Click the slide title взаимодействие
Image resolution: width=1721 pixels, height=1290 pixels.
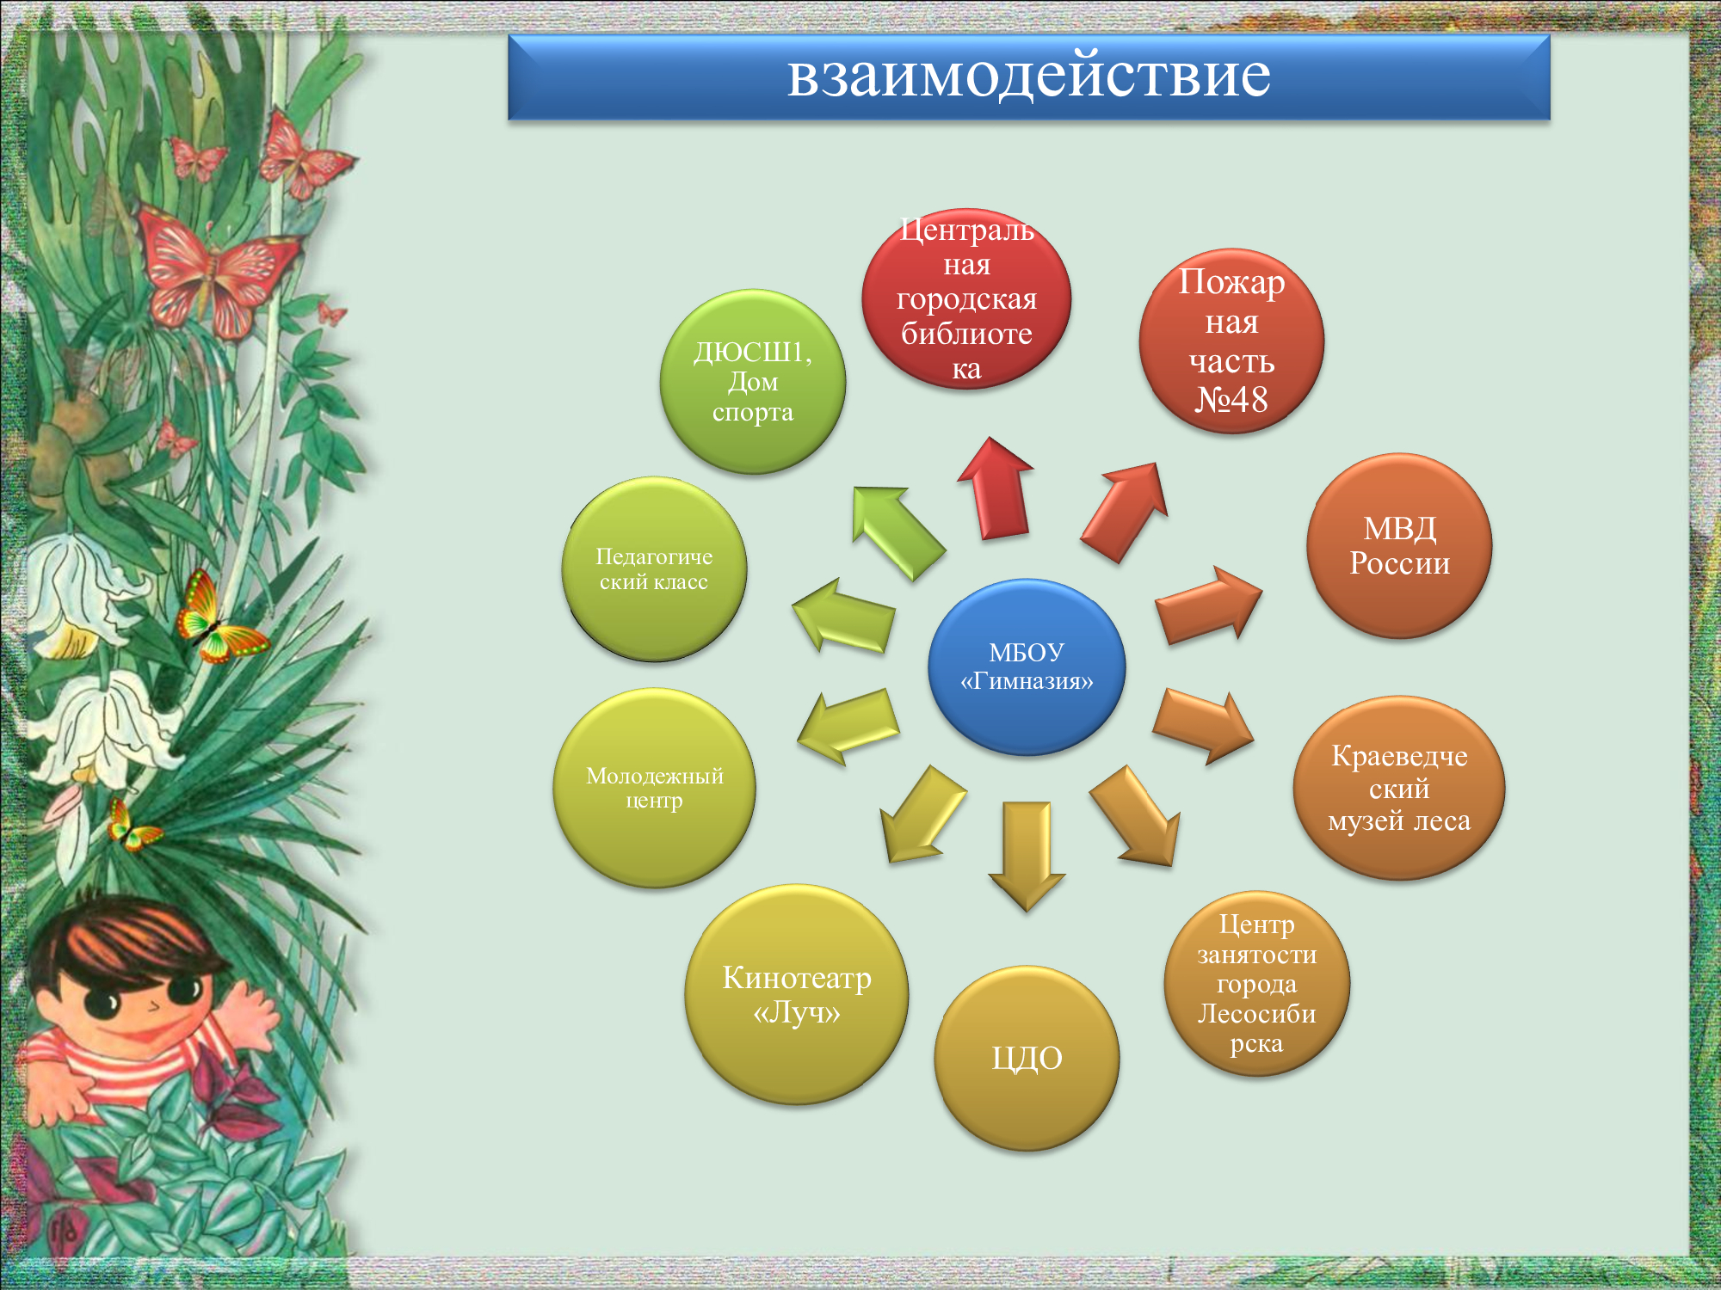pyautogui.click(x=1028, y=76)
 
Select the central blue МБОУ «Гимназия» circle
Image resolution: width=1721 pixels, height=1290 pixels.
pyautogui.click(x=1027, y=666)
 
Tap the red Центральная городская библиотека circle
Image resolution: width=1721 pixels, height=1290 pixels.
pyautogui.click(x=966, y=298)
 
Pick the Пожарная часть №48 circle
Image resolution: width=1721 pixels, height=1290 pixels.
pyautogui.click(x=1231, y=341)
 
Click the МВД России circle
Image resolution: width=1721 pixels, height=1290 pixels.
pyautogui.click(x=1399, y=546)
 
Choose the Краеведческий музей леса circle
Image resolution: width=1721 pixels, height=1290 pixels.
pyautogui.click(x=1399, y=788)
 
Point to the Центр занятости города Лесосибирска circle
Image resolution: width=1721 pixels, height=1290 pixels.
pyautogui.click(x=1256, y=983)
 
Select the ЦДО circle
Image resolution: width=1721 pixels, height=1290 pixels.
pyautogui.click(x=1027, y=1058)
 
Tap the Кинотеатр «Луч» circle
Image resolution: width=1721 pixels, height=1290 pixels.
pyautogui.click(x=797, y=994)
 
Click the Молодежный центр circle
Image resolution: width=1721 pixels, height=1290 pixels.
pyautogui.click(x=654, y=788)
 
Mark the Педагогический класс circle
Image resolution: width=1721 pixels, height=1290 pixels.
pyautogui.click(x=654, y=569)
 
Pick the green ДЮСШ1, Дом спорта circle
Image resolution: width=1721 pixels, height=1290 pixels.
pyautogui.click(x=753, y=382)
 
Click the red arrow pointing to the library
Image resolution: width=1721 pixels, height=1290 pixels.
pyautogui.click(x=996, y=488)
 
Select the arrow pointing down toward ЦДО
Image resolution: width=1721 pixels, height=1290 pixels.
pyautogui.click(x=1027, y=857)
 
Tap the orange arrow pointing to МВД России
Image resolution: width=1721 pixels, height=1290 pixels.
pyautogui.click(x=1208, y=605)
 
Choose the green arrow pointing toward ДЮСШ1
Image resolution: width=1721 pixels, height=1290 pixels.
pyautogui.click(x=898, y=533)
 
